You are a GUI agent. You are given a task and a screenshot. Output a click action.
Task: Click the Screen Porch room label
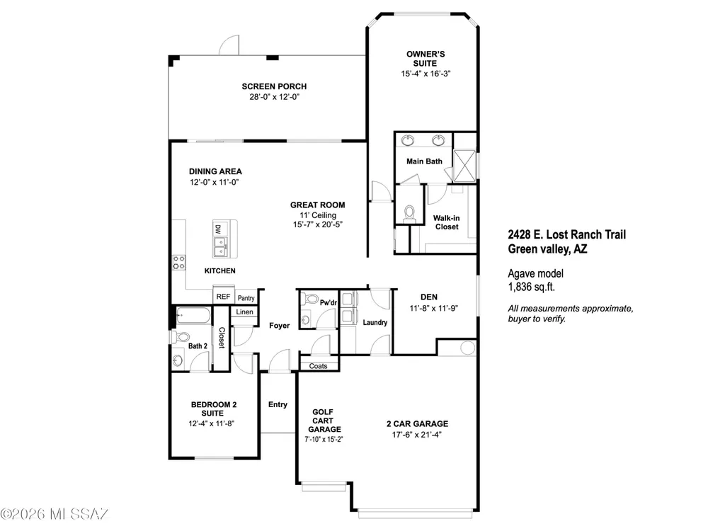(274, 86)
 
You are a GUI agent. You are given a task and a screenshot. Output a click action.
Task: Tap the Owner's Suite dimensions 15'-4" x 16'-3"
(426, 74)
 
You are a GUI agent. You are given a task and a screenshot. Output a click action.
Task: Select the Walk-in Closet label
(447, 222)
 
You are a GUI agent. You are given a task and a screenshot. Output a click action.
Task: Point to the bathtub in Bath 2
(193, 316)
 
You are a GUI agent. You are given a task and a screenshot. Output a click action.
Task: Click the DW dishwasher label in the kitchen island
(218, 229)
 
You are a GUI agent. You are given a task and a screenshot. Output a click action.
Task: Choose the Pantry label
(246, 298)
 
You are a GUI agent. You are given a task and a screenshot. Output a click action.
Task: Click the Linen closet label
(244, 312)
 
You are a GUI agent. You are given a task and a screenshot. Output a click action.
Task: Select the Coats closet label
(319, 366)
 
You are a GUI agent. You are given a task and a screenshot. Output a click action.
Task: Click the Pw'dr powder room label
(329, 302)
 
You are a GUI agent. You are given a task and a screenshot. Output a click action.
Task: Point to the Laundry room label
(375, 322)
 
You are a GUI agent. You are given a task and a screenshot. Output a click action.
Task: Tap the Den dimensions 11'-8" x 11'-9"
(434, 309)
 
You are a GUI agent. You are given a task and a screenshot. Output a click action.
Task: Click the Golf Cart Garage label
(324, 421)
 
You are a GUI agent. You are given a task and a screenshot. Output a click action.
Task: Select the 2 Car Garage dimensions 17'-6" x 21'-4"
(417, 435)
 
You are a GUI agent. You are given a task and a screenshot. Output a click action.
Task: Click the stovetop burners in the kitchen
(179, 263)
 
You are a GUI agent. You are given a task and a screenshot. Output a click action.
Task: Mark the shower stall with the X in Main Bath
(464, 165)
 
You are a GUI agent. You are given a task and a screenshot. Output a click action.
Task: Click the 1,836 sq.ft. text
(532, 287)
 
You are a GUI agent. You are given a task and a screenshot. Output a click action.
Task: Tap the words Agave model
(535, 273)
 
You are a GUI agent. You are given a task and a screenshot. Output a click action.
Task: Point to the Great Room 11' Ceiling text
(318, 215)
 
